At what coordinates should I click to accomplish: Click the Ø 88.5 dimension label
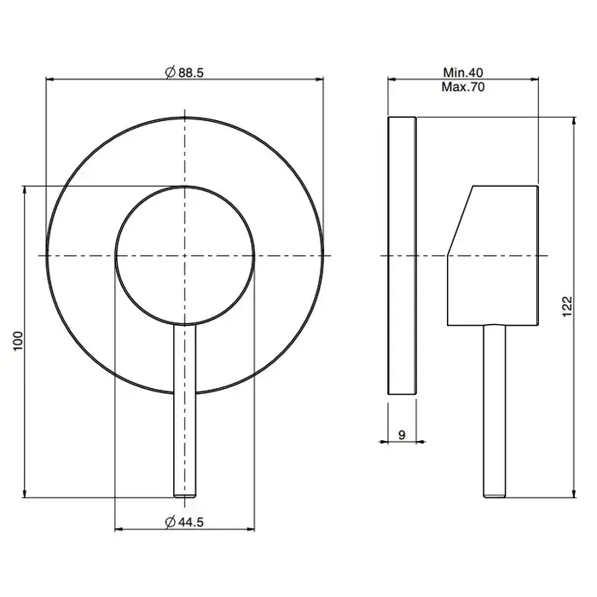pyautogui.click(x=184, y=72)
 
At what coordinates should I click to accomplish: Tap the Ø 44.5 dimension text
pyautogui.click(x=184, y=522)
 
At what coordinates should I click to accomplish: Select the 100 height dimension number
pyautogui.click(x=18, y=341)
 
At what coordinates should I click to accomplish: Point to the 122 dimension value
pyautogui.click(x=567, y=306)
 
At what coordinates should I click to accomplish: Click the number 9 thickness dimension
pyautogui.click(x=402, y=435)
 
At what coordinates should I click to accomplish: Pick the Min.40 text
pyautogui.click(x=463, y=72)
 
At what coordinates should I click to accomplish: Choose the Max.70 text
pyautogui.click(x=463, y=87)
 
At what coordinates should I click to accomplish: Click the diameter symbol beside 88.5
pyautogui.click(x=171, y=72)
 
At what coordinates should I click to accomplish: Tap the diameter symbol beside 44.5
pyautogui.click(x=171, y=522)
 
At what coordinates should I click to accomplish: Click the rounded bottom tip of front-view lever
pyautogui.click(x=185, y=496)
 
